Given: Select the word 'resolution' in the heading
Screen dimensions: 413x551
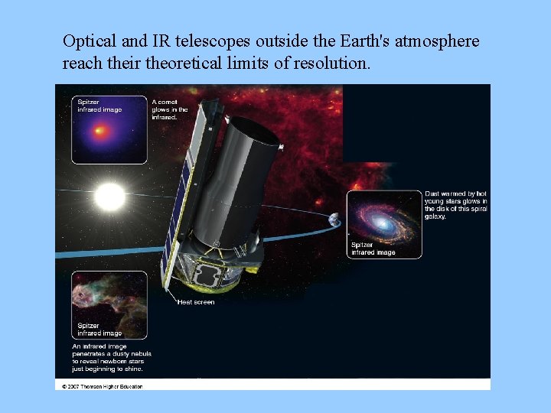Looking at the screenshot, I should point(330,63).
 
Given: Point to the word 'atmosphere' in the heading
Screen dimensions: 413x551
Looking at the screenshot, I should point(438,41).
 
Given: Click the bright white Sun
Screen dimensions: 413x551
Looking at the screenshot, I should point(109,197).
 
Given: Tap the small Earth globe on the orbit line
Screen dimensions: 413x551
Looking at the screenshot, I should point(334,220).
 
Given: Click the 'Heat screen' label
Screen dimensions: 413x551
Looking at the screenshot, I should point(196,302).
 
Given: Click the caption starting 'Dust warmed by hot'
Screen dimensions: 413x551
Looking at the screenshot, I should point(456,206).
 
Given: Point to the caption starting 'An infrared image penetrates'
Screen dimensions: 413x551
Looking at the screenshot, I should point(112,357).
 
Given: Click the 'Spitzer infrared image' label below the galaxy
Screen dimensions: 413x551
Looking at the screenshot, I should point(373,249).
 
